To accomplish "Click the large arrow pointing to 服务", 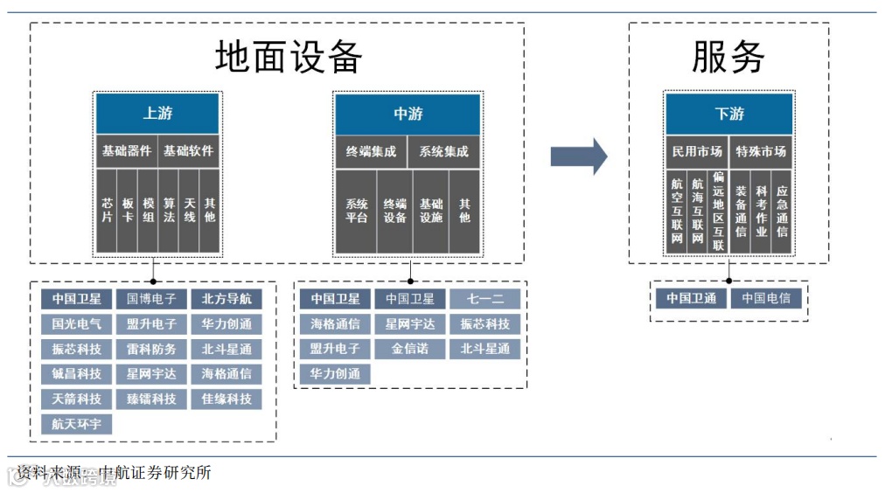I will coord(578,156).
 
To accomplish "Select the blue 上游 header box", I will coord(157,114).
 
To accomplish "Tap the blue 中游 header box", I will coord(408,114).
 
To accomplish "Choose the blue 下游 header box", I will coord(728,114).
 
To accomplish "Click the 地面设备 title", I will coord(289,58).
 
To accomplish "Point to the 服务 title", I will coord(728,58).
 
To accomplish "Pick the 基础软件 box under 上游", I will coord(188,150).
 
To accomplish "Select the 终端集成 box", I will coord(371,151).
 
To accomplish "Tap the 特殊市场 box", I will coord(761,151).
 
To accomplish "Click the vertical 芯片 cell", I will coord(107,211).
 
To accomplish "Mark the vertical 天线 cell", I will coord(189,211).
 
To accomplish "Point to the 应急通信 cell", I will coord(782,211).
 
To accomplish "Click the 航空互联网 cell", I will coord(677,211).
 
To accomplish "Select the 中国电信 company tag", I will coord(766,298).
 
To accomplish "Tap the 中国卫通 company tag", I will coord(691,298).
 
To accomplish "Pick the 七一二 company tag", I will coord(484,299).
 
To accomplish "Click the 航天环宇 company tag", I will coord(76,425).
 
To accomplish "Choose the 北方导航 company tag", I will coord(226,299).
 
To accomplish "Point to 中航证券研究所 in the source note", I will coord(156,473).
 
